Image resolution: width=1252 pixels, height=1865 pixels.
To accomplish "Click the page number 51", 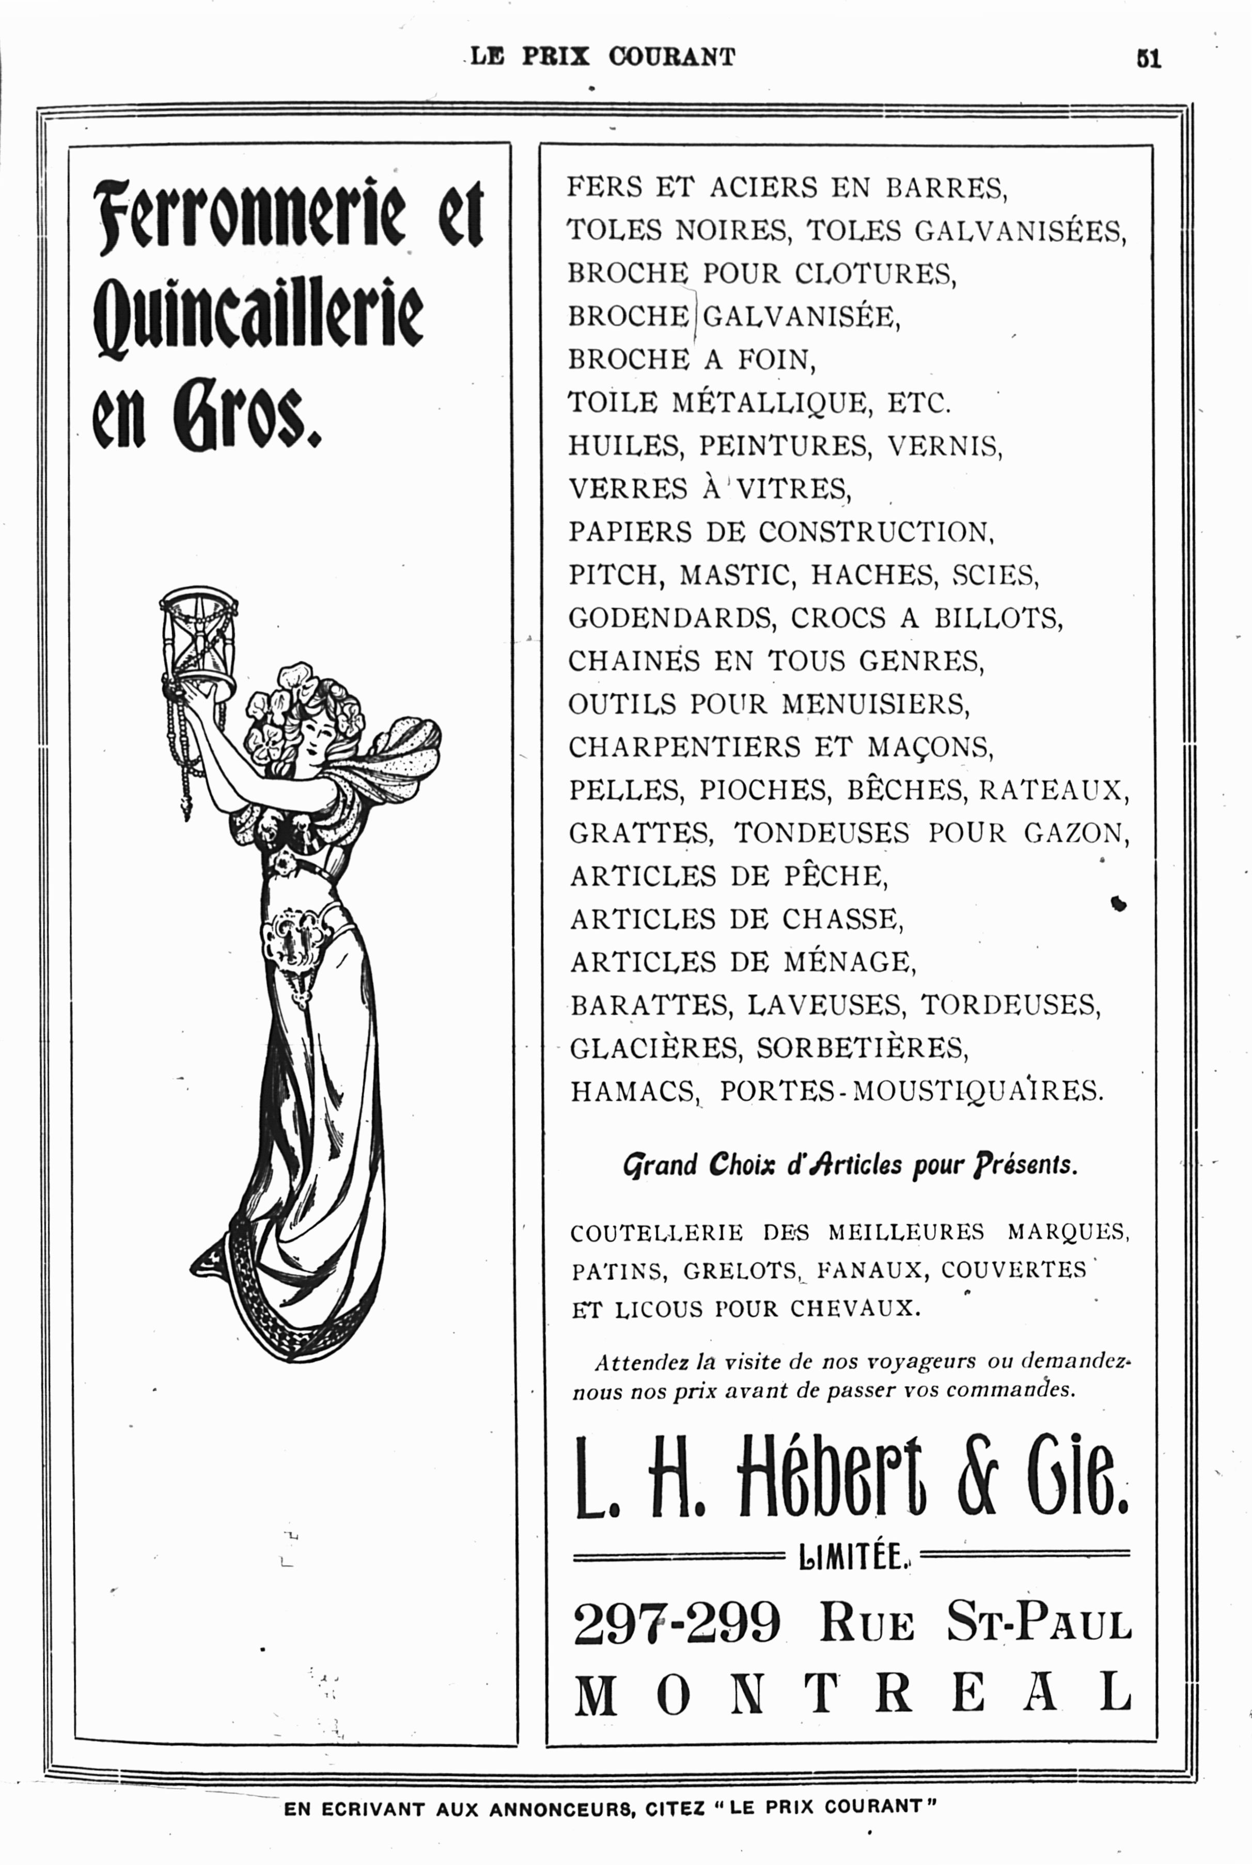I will click(1148, 59).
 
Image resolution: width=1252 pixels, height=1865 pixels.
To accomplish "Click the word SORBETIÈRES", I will click(863, 1047).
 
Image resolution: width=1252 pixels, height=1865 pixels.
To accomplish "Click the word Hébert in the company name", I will click(831, 1478).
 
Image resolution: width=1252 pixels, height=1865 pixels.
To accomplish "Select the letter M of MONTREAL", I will click(596, 1695).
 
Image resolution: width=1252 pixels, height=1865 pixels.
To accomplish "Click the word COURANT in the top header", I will click(671, 57).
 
